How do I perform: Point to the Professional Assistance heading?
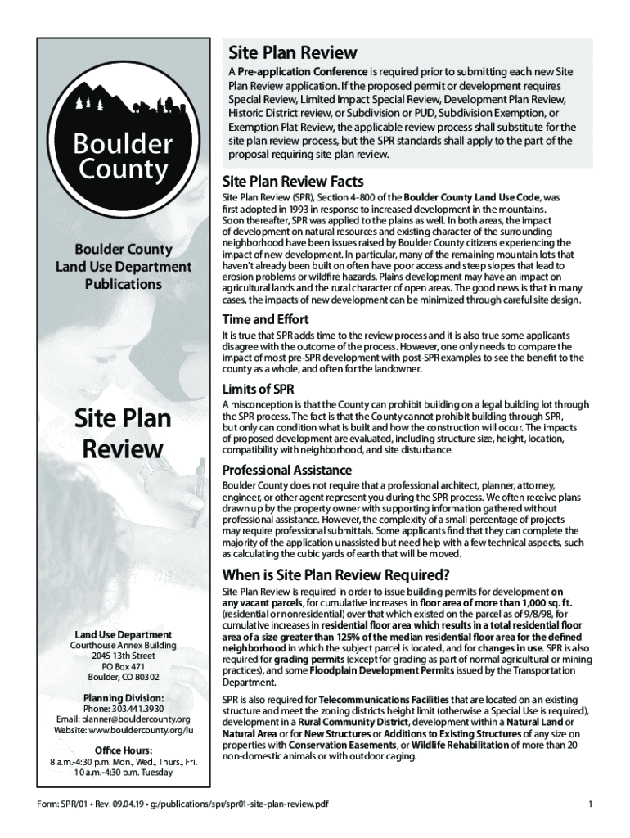tap(287, 471)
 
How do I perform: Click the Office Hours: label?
tap(124, 750)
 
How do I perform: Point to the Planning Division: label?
tap(124, 697)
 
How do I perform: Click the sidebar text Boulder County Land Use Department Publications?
tap(124, 267)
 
